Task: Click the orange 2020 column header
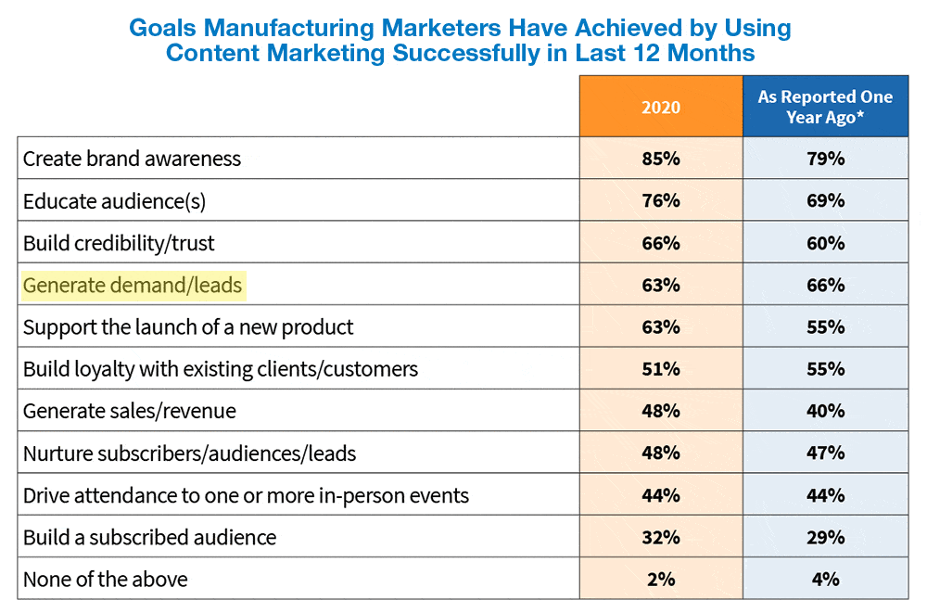660,107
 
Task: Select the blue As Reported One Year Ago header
825,107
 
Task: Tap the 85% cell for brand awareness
660,159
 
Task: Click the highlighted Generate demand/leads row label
133,285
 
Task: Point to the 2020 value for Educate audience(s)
660,200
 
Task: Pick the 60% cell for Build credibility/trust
825,243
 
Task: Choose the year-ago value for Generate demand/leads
825,285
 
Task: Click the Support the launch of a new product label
188,327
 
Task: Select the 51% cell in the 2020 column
660,369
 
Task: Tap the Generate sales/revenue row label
130,411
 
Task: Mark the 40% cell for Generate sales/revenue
825,411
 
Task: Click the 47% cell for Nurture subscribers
825,453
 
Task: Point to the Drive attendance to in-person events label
246,495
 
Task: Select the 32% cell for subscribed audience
660,537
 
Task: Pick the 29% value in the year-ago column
825,537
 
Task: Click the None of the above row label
105,580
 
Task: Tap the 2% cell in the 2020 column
660,580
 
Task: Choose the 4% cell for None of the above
825,580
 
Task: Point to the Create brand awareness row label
132,159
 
